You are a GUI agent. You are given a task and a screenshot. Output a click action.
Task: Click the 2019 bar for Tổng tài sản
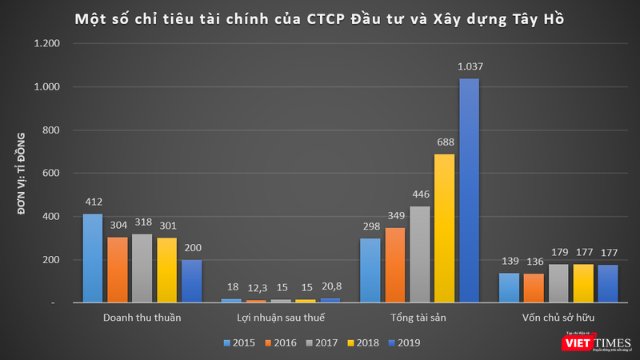tap(469, 190)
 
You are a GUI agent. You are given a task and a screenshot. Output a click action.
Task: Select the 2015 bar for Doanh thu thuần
tap(93, 258)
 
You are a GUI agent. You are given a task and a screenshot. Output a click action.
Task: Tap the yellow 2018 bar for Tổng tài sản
tap(444, 228)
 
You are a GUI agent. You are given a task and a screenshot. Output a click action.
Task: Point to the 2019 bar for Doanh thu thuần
tap(191, 281)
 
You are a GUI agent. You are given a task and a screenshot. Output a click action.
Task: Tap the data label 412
tap(93, 202)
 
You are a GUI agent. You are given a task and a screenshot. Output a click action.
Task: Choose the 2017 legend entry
tap(316, 342)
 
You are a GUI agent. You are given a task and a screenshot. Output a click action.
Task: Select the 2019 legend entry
tap(402, 342)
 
